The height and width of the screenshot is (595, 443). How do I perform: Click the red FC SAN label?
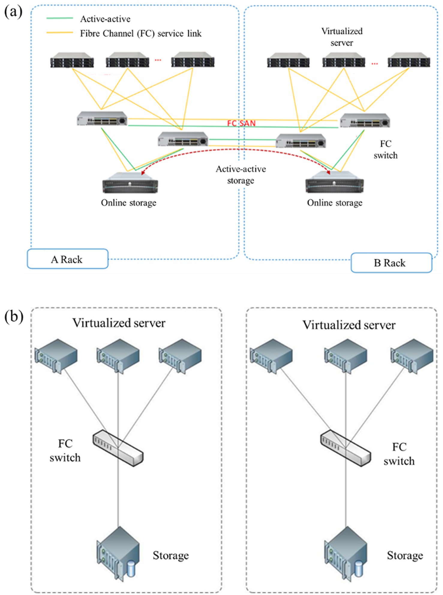click(241, 123)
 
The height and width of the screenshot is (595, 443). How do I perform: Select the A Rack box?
click(67, 259)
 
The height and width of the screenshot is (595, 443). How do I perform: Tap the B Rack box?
click(391, 263)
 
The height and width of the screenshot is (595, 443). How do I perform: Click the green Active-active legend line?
click(60, 18)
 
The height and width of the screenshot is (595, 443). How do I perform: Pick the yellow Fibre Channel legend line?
click(60, 33)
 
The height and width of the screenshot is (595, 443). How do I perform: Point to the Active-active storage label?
click(241, 175)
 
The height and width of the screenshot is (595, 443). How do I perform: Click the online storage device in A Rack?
click(130, 183)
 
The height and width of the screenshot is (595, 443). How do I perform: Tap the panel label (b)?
click(14, 317)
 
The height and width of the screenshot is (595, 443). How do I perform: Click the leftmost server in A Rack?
click(72, 60)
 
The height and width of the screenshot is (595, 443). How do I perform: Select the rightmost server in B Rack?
click(409, 60)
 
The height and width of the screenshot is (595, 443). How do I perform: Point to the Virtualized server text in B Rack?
click(342, 37)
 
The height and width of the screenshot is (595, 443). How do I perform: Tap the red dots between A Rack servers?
click(158, 60)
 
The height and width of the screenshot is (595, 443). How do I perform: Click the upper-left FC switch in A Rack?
click(102, 118)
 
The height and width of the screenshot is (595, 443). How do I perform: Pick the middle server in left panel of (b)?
click(118, 356)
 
